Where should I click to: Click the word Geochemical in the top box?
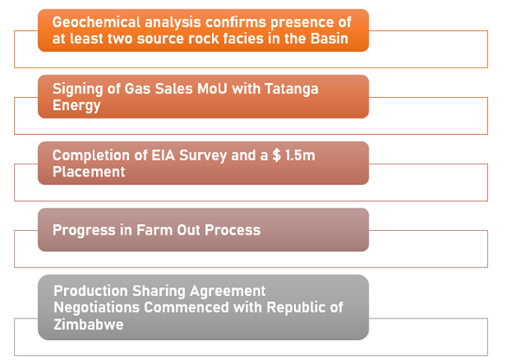pos(97,22)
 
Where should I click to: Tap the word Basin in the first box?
pos(329,39)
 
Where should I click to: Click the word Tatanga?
pos(292,89)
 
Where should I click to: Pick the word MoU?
pos(212,88)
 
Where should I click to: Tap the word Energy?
pos(76,106)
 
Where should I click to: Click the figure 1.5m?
pos(300,156)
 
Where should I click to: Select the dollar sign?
pos(276,156)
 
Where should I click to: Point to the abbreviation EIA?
pos(164,156)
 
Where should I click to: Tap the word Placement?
pos(89,171)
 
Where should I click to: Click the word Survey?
pos(203,156)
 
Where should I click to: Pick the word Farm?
pos(155,230)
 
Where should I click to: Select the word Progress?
pos(84,231)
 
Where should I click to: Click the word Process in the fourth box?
pos(232,230)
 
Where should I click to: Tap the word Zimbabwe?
pos(88,325)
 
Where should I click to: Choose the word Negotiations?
pos(96,308)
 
